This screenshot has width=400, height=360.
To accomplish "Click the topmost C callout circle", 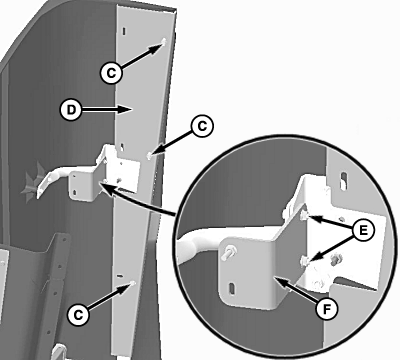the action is (111, 73).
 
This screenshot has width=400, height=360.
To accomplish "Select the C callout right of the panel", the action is (202, 126).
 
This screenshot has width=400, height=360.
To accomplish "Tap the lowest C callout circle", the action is (78, 315).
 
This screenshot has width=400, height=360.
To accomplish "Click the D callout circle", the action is (70, 110).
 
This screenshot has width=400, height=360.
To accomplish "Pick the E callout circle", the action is (363, 230).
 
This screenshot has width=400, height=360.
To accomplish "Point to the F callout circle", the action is (327, 309).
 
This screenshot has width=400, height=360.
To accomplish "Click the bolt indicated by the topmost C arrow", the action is (164, 42).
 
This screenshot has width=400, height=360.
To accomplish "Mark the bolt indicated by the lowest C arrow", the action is (133, 283).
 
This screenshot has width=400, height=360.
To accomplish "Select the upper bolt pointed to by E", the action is (304, 216).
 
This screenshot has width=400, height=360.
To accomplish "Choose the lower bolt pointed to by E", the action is (305, 261).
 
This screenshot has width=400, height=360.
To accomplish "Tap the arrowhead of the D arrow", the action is (127, 109).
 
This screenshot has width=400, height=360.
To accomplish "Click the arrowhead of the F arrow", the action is (280, 281).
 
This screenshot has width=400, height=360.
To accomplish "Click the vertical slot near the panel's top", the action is (124, 31).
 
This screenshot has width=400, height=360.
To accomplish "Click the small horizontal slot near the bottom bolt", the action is (120, 276).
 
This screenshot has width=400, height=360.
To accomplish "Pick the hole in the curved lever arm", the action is (49, 180).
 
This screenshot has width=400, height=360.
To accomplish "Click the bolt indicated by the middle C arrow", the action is (149, 155).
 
